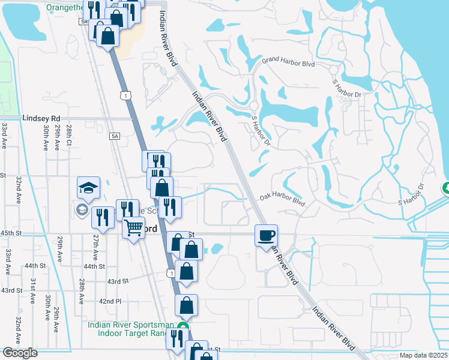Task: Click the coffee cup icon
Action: [x=266, y=234]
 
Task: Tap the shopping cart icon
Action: [x=133, y=227]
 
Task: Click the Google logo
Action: [x=20, y=353]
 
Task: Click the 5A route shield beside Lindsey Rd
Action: [x=115, y=137]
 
